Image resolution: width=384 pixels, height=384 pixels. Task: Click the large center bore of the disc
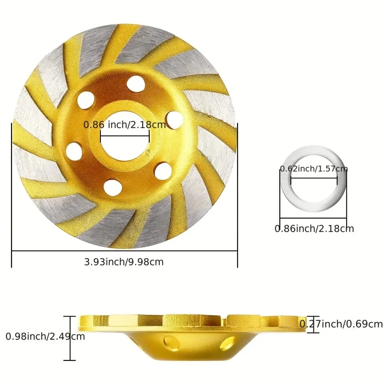click(x=124, y=144)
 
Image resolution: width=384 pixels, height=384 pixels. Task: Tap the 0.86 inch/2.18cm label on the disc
click(x=124, y=125)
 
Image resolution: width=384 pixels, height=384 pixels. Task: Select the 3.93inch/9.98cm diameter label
click(x=124, y=262)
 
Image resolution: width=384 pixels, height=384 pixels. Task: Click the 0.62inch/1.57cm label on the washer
click(x=314, y=169)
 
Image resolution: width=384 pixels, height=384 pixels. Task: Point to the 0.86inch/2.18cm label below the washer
click(x=314, y=229)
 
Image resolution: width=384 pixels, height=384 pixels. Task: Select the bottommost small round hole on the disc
click(x=112, y=186)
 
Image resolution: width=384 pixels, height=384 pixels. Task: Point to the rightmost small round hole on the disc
click(x=175, y=119)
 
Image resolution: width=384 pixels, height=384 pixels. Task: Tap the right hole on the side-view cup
click(x=228, y=343)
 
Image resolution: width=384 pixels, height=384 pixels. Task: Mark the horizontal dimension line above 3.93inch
click(x=124, y=251)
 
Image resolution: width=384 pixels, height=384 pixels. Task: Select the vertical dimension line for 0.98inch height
click(x=70, y=338)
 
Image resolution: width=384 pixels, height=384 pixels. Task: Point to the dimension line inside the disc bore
click(x=124, y=136)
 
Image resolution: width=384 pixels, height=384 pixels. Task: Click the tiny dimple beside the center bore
click(x=150, y=154)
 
